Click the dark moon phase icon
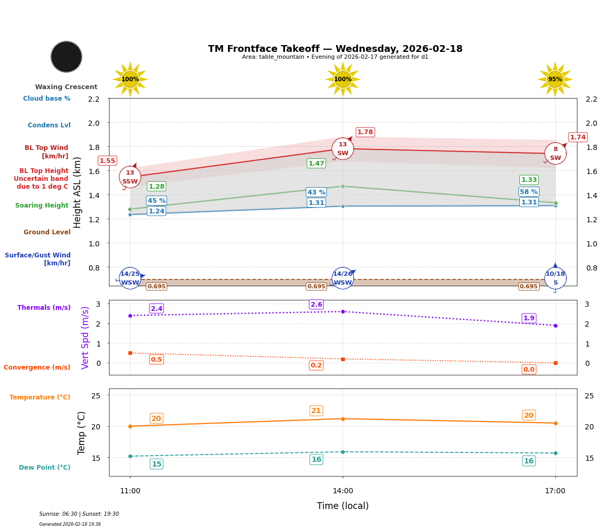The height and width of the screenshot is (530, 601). click(67, 57)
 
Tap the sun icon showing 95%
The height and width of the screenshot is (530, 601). click(555, 79)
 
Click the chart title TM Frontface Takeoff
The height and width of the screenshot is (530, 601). click(335, 49)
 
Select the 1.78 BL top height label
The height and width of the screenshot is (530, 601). click(365, 132)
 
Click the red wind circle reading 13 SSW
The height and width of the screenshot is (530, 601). click(130, 177)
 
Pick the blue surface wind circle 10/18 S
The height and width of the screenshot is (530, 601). click(555, 278)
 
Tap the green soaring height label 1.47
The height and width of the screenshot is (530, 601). click(316, 164)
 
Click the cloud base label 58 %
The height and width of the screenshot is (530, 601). click(529, 192)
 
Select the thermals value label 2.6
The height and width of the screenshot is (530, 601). click(316, 305)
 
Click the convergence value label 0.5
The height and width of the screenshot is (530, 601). click(156, 360)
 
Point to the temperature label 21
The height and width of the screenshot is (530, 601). click(316, 411)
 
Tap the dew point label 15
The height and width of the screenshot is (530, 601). click(156, 464)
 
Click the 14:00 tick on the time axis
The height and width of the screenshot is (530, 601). click(343, 491)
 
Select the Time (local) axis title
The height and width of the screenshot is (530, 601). click(343, 506)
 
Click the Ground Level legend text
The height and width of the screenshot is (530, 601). click(47, 232)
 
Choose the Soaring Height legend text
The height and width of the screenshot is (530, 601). click(42, 205)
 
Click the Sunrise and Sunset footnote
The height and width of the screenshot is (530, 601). click(79, 514)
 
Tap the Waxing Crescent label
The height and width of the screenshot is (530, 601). click(66, 87)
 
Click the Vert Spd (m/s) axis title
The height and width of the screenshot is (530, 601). click(85, 338)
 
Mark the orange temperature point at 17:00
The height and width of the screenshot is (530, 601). click(555, 423)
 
